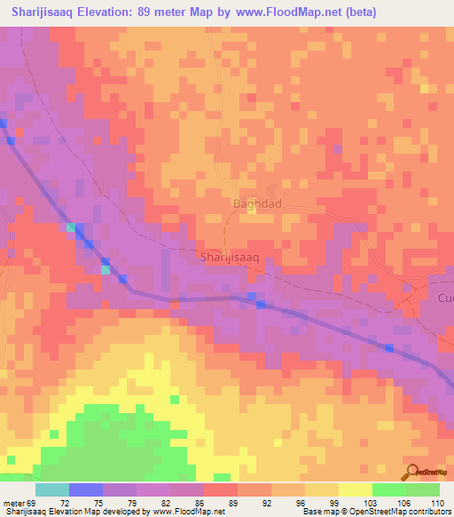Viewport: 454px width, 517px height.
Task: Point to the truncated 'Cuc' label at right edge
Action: (x=444, y=298)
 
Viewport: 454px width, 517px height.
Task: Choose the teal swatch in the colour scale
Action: (x=52, y=489)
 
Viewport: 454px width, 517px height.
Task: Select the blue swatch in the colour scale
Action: (x=86, y=489)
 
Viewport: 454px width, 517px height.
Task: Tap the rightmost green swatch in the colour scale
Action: (x=422, y=489)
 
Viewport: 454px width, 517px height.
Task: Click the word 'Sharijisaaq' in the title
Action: (x=49, y=12)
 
